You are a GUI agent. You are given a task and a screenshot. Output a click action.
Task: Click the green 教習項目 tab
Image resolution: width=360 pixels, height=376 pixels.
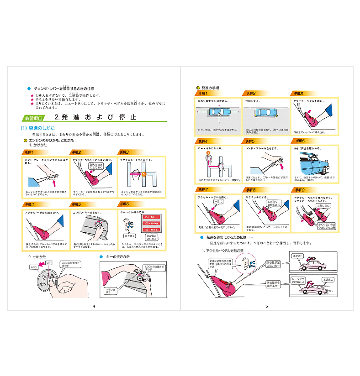tap(35, 117)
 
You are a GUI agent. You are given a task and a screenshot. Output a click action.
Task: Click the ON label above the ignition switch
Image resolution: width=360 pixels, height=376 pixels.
tap(48, 263)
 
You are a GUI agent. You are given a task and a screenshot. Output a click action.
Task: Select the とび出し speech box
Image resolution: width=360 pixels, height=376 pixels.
tap(328, 279)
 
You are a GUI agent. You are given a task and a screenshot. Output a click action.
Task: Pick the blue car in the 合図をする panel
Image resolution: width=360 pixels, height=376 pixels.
tap(266, 111)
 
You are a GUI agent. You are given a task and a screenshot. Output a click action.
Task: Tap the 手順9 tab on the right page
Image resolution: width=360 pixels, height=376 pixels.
tap(301, 189)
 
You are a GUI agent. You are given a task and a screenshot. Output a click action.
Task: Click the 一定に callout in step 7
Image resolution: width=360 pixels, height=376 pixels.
tap(218, 201)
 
